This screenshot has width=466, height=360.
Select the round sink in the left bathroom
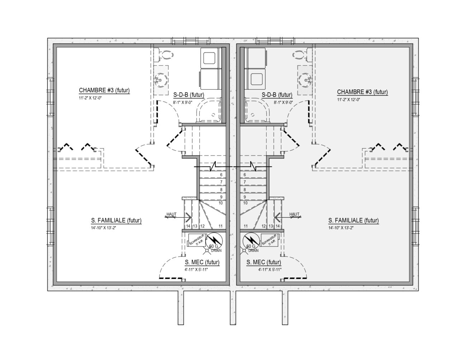(161, 80)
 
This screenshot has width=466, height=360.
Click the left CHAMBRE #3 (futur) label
(104, 90)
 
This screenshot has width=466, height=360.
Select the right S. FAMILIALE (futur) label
(353, 220)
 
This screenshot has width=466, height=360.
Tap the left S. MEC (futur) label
(202, 262)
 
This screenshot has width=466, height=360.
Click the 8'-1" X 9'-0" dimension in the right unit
(283, 102)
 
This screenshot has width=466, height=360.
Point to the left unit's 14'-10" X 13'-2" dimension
(103, 228)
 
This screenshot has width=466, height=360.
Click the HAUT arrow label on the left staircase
(171, 214)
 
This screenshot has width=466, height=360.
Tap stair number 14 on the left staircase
(188, 226)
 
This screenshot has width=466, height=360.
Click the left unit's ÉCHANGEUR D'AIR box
(197, 240)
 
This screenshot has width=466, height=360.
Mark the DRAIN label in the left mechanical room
(216, 250)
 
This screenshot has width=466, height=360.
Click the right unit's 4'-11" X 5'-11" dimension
(270, 270)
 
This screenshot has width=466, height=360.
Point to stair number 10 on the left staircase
(221, 203)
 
